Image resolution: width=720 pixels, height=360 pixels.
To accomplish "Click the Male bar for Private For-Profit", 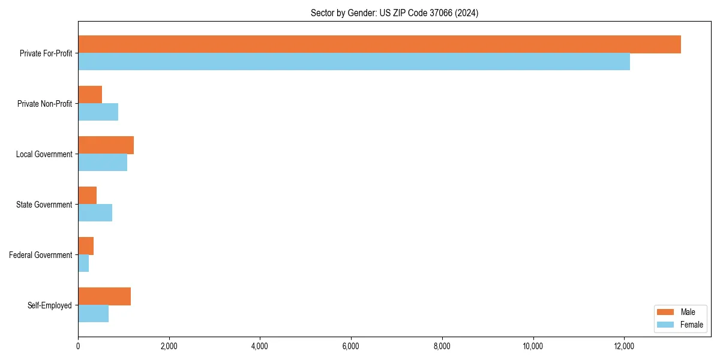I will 379,44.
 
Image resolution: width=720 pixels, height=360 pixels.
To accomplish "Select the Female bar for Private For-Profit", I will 354,61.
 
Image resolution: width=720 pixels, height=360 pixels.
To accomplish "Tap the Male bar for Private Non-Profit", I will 90,95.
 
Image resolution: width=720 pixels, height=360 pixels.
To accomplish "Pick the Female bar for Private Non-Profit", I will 98,112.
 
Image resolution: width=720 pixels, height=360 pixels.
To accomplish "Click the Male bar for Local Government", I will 106,145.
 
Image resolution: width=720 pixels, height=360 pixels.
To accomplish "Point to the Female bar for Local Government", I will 103,162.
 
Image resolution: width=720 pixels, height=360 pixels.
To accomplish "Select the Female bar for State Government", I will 95,212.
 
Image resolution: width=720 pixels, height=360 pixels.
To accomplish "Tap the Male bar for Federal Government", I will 86,246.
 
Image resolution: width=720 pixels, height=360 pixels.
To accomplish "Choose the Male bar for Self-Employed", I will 104,296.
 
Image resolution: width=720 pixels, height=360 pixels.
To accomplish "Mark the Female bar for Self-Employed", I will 93,313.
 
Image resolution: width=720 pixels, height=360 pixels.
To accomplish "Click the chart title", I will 394,13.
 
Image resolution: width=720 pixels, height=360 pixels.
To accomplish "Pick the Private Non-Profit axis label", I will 44,104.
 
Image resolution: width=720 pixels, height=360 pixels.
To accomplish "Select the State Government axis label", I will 44,205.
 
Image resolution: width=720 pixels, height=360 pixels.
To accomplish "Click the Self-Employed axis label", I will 49,305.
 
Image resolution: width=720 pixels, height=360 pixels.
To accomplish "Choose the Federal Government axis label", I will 40,255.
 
